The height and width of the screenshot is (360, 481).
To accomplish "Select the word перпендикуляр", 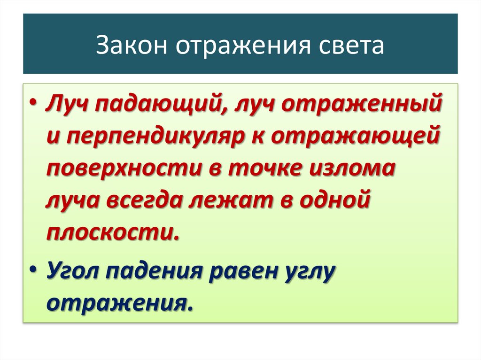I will point(157,137).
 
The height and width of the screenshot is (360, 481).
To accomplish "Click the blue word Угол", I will point(71,271).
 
